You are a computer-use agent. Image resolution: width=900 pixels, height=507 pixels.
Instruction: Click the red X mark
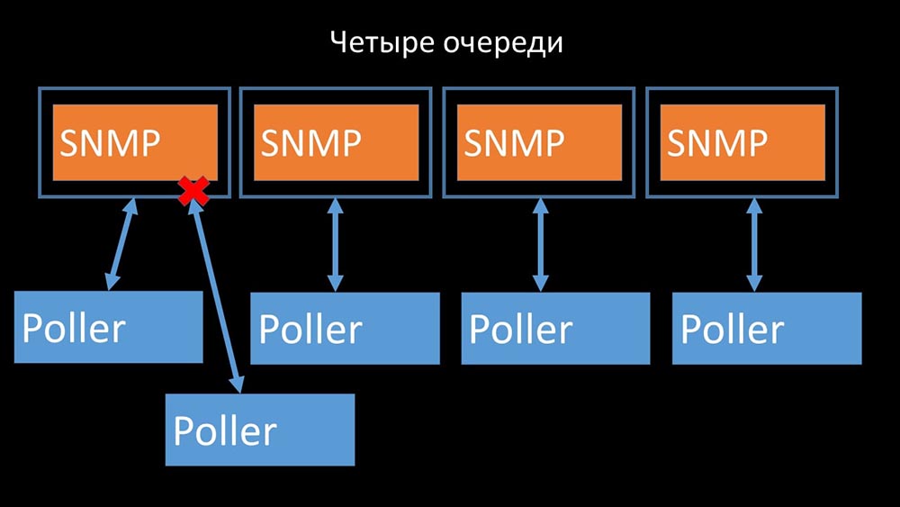coord(192,191)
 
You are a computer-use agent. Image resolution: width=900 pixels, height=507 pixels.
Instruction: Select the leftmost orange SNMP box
coord(135,142)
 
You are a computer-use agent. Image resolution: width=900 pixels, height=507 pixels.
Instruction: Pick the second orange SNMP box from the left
coord(337,142)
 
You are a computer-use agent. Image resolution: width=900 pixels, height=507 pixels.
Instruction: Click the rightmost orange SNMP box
coord(742,142)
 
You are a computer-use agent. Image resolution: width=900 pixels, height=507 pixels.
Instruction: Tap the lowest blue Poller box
coord(260,430)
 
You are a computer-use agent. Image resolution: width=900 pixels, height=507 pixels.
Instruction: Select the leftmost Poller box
coord(108,327)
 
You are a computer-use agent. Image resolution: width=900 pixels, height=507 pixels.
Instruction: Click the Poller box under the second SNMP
coord(345,328)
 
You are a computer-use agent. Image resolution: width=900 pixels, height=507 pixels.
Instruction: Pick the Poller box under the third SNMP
coord(555,328)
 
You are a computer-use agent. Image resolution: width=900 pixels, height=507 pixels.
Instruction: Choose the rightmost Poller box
coord(766,328)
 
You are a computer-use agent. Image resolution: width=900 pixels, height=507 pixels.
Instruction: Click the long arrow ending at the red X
coord(216,293)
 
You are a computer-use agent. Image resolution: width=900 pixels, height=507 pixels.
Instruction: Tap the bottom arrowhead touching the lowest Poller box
coord(237,385)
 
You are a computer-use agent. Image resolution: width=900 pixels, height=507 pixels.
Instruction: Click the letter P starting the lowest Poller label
coord(183,430)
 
